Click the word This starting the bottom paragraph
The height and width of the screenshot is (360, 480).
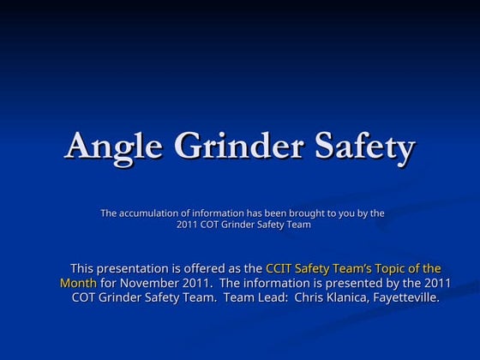[84, 268]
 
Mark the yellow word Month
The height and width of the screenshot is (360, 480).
[78, 283]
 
